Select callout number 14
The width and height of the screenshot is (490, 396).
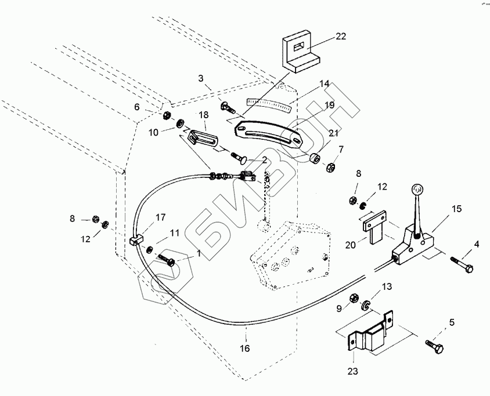[324, 84]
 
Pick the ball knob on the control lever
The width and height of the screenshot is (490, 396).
[417, 188]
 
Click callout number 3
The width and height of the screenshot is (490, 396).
[200, 78]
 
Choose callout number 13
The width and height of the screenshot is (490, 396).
[386, 286]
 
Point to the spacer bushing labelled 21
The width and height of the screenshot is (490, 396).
[316, 158]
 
